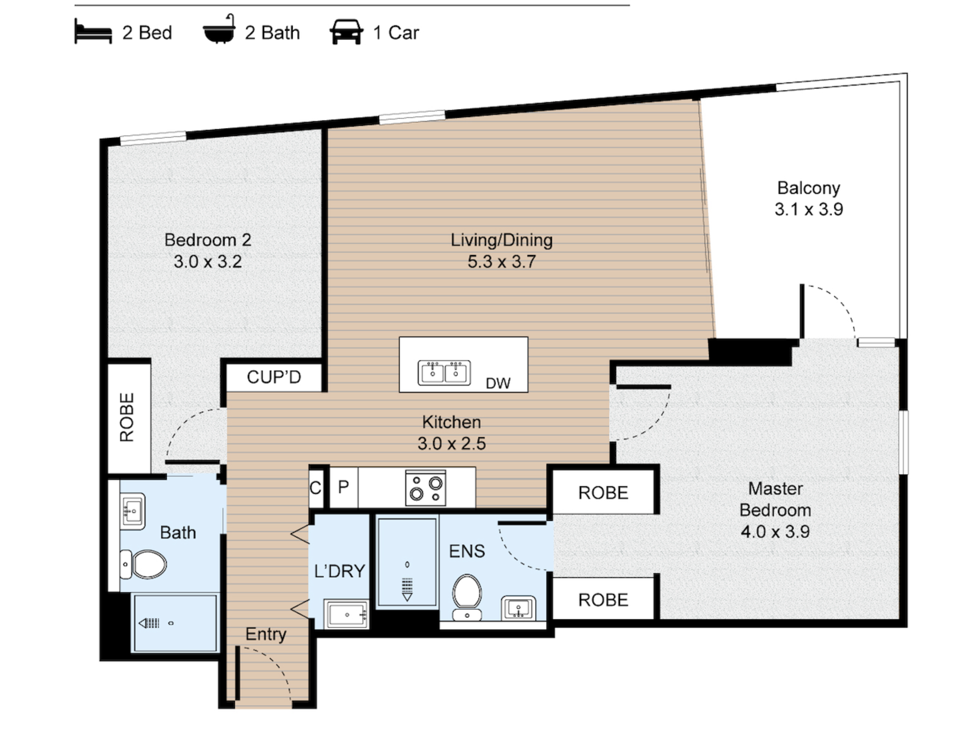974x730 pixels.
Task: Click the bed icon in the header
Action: click(93, 32)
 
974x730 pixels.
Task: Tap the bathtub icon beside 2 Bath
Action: click(219, 30)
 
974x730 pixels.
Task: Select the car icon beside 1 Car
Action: click(346, 32)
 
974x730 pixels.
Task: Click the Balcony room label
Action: click(808, 188)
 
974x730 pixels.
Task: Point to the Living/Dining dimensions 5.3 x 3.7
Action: click(502, 262)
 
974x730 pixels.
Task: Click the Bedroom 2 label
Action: click(207, 240)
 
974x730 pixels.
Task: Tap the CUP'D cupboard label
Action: click(274, 377)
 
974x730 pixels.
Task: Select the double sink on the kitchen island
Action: click(444, 373)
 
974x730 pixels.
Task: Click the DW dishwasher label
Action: click(498, 383)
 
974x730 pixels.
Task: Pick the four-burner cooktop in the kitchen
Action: click(426, 488)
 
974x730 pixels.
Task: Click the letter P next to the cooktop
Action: click(343, 487)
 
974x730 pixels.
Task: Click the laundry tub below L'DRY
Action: click(346, 615)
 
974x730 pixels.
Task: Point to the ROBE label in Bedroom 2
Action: click(127, 417)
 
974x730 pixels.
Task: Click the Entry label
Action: click(265, 634)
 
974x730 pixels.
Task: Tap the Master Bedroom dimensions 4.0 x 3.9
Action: click(775, 531)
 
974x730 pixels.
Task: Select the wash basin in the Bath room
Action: click(132, 511)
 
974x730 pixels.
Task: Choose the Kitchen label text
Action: click(451, 422)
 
